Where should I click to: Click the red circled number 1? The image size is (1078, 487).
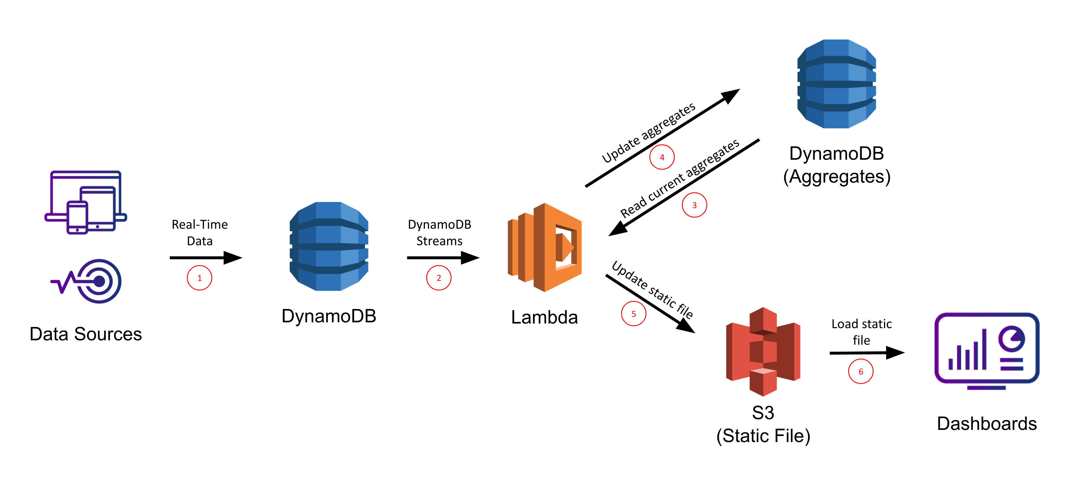(199, 278)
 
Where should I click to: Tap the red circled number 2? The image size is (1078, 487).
(438, 278)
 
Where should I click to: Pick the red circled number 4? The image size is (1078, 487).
(662, 157)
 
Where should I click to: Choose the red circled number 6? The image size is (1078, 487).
(860, 371)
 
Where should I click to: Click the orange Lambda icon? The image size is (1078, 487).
(545, 248)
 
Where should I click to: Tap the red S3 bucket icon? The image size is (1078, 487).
(763, 352)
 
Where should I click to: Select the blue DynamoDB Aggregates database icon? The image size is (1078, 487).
(836, 84)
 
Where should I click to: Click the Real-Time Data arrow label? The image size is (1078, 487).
(200, 232)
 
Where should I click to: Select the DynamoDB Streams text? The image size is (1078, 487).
(439, 232)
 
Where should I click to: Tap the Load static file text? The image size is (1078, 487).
(861, 332)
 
